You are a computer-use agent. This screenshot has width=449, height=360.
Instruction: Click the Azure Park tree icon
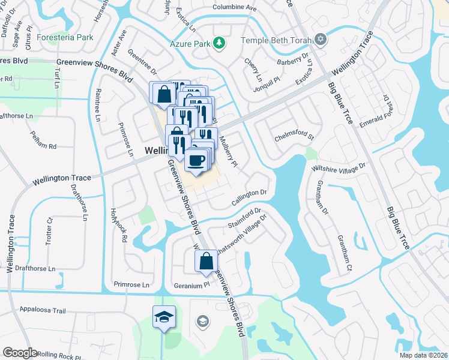[x=220, y=42]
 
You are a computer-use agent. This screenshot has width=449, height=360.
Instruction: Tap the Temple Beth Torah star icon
[x=321, y=40]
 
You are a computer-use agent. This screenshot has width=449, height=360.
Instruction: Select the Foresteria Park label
[x=65, y=37]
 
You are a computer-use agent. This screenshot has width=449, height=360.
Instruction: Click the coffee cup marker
[x=197, y=160]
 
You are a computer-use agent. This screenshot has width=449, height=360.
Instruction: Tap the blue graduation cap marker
[x=163, y=316]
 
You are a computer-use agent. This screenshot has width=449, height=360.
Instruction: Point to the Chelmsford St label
[x=295, y=137]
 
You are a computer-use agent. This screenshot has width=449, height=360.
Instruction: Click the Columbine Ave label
[x=234, y=8]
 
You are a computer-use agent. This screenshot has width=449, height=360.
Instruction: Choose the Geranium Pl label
[x=191, y=286]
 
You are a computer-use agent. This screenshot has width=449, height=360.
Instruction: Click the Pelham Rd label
[x=44, y=146]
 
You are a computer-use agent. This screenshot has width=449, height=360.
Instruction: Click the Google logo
[x=19, y=352]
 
